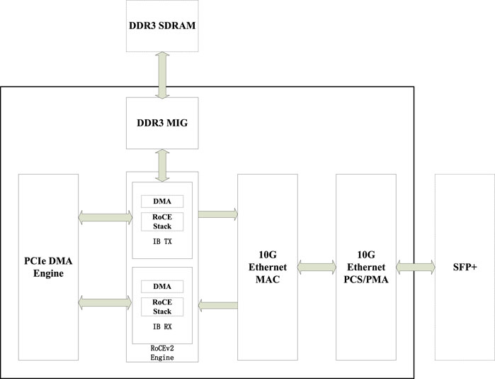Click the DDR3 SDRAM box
(x=162, y=26)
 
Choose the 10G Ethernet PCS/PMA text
(x=365, y=267)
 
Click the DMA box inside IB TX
(x=162, y=202)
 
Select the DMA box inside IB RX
(x=162, y=286)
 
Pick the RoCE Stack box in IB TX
(x=162, y=221)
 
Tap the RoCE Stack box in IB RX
(x=162, y=306)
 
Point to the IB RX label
(x=162, y=326)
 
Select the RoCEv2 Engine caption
(x=162, y=353)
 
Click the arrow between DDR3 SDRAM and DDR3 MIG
(x=162, y=74)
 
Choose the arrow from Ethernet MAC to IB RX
(x=218, y=305)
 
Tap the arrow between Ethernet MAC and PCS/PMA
(x=316, y=267)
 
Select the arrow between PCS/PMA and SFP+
(x=416, y=267)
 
